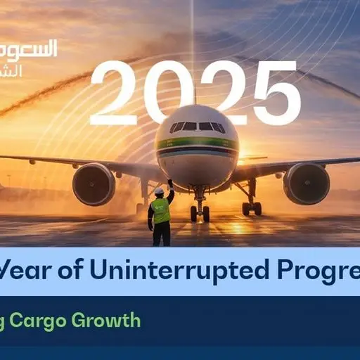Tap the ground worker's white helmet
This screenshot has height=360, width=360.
(x=159, y=191)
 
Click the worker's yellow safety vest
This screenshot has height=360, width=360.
(x=161, y=210)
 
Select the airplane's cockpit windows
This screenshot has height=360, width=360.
(x=198, y=127)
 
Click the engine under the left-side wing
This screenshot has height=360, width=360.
(x=94, y=184)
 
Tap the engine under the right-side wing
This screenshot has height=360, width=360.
(x=306, y=183)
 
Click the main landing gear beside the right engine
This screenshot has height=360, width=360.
(x=250, y=205)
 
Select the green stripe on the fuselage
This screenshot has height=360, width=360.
(x=198, y=143)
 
